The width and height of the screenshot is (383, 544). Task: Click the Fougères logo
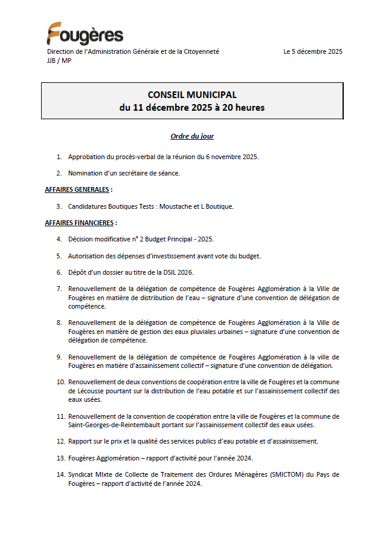[85, 34]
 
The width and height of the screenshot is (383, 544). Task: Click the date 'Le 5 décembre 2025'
[312, 52]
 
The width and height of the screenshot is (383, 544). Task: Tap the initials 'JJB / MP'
[59, 61]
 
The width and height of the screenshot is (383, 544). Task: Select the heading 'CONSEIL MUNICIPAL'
[192, 95]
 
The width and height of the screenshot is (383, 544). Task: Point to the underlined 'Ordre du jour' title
[192, 137]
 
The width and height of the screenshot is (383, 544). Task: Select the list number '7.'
[59, 289]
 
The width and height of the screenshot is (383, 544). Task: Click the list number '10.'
[60, 382]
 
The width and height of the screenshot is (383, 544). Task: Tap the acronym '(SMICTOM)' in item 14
[280, 474]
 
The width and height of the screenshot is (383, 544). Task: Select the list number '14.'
[60, 474]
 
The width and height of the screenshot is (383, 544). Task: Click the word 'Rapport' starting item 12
[80, 441]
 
